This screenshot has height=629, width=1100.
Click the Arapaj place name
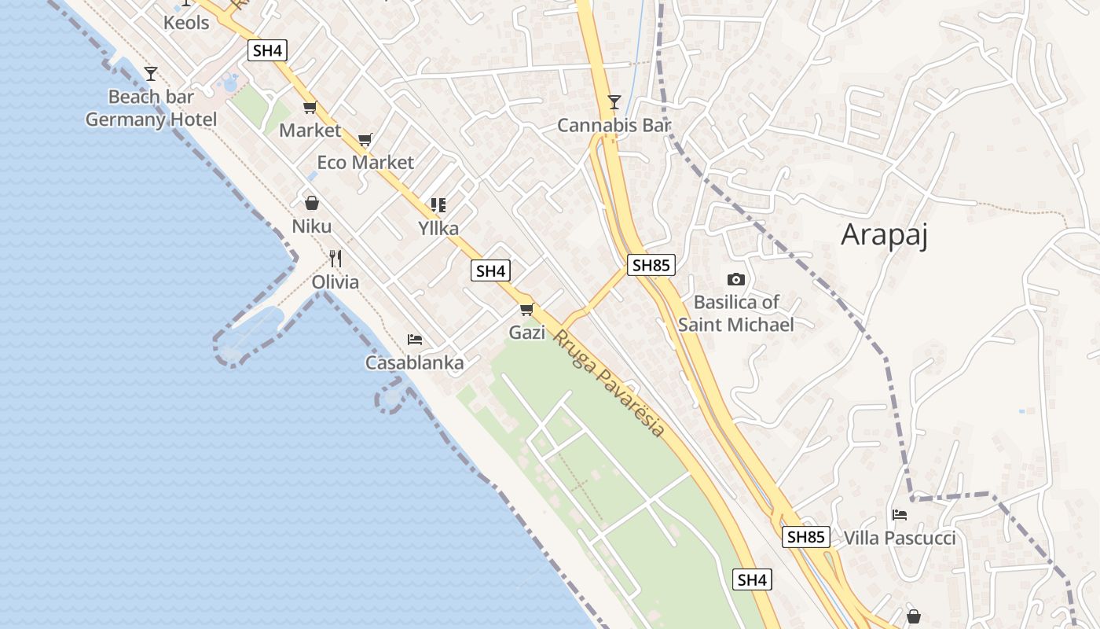[884, 235]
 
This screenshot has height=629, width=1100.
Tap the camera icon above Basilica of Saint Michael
[735, 279]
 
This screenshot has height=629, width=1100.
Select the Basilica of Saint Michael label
[736, 313]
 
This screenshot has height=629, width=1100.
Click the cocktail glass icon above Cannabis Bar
[614, 102]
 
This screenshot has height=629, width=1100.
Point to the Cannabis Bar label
[614, 125]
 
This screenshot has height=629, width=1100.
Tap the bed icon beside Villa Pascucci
[900, 515]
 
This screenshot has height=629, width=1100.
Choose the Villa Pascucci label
[900, 538]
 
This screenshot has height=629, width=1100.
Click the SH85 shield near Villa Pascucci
[805, 537]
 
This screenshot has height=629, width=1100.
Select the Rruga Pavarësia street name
[609, 384]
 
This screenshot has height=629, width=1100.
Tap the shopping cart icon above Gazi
[526, 309]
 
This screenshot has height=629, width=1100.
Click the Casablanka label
[414, 363]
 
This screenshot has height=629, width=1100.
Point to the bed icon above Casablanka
[415, 340]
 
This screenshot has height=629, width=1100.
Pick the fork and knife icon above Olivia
[335, 258]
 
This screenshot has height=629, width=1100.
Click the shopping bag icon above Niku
[312, 203]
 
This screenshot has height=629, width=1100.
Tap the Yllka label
[438, 229]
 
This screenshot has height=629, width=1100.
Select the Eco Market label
[365, 163]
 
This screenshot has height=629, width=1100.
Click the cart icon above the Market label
[310, 108]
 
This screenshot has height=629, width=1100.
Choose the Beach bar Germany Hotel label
[151, 109]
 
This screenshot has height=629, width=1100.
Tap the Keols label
[186, 23]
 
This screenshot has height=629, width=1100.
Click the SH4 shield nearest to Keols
[267, 50]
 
